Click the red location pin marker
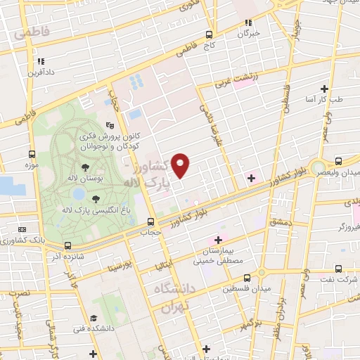point(181,165)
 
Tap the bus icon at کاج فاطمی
point(209,34)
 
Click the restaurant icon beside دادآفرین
point(41,61)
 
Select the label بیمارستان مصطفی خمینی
point(222,255)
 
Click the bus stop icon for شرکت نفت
point(339,268)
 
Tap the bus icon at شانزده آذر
point(67,245)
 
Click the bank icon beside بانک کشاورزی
point(22,230)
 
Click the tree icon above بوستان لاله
point(85,167)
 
